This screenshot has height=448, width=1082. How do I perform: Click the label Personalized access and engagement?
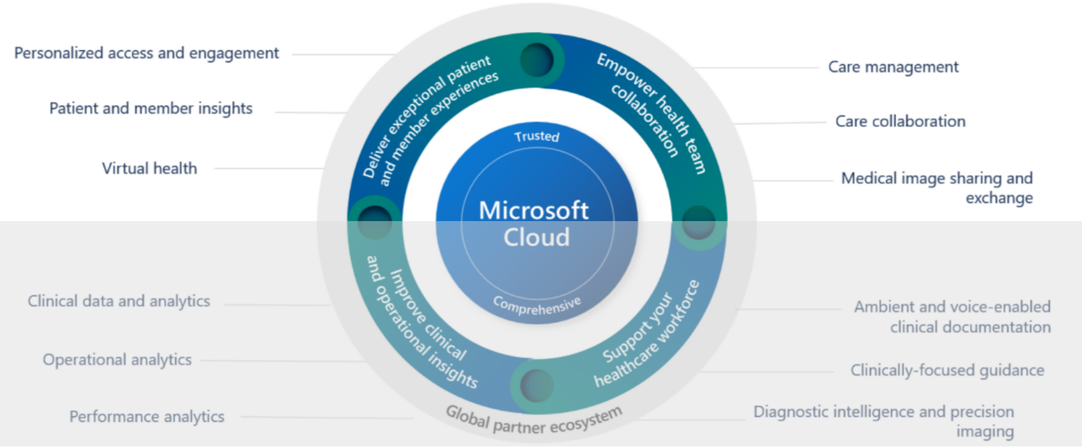[146, 53]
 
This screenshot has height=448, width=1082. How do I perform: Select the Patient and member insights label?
[151, 108]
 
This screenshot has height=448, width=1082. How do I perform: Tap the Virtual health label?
[149, 169]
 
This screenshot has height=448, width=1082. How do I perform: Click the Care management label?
[893, 67]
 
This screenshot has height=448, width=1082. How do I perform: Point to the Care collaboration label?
[900, 122]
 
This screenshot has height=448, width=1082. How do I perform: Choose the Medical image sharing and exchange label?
[937, 188]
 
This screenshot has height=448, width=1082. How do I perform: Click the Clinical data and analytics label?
[119, 301]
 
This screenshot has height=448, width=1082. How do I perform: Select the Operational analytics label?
[117, 360]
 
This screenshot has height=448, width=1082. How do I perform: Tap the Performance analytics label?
[147, 417]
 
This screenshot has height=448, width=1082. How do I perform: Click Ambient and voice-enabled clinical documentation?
[952, 317]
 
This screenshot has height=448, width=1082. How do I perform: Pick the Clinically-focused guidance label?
[947, 370]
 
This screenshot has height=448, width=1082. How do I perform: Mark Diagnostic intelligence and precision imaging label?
[884, 421]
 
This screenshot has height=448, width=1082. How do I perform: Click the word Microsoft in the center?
[534, 211]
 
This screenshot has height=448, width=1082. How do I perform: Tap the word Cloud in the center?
[536, 237]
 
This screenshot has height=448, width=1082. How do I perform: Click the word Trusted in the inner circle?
[537, 136]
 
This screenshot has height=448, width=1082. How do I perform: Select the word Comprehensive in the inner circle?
[537, 306]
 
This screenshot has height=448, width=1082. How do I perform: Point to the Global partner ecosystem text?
[534, 421]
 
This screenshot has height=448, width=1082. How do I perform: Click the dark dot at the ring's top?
[537, 59]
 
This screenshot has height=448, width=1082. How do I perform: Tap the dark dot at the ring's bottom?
[536, 385]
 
